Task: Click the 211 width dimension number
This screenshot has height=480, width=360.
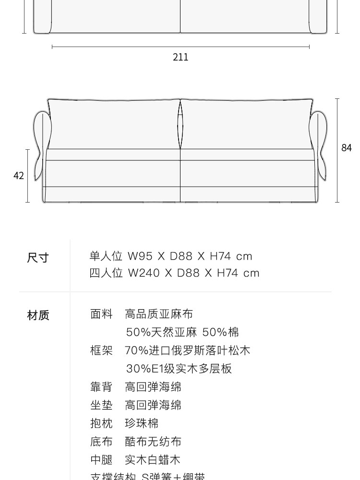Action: pos(180,57)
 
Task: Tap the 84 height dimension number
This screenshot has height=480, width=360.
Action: pos(347,148)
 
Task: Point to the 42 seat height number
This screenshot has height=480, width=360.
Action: pos(19,176)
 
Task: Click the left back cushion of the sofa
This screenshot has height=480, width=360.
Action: pos(114,124)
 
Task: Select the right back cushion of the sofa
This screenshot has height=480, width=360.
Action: pos(247,124)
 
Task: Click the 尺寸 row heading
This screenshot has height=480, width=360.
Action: pos(38,258)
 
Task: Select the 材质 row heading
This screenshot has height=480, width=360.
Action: pos(38,315)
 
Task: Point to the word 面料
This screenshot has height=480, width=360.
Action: pos(101,314)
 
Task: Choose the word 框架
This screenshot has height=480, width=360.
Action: pos(101,350)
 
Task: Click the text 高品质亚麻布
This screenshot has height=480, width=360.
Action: pos(159,314)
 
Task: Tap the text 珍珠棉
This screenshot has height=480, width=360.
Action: pos(142,423)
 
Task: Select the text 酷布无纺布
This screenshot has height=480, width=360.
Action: pos(153,442)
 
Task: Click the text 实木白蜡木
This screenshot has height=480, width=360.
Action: pos(153,460)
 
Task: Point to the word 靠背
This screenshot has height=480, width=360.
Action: pos(101,387)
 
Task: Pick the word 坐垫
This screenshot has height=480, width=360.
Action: pos(101,405)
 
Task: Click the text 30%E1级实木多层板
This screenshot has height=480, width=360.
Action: pos(179,369)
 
